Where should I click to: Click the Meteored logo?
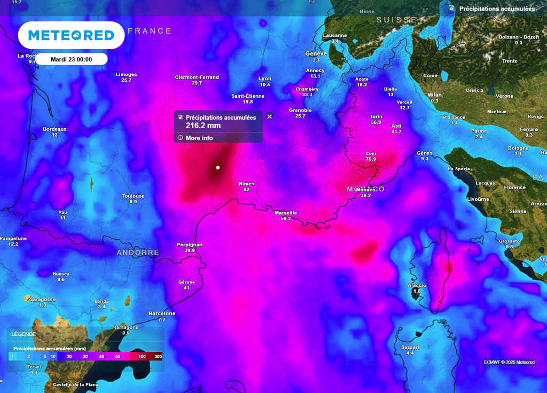pos(71,35)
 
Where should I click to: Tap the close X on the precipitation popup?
pos(269,116)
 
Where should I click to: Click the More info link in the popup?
pos(199,138)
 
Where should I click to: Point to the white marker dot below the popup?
pos(218,168)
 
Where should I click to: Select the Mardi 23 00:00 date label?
pos(71,59)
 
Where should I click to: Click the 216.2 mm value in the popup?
pos(203,126)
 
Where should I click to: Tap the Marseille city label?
pos(286,213)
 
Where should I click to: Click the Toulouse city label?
pos(133,196)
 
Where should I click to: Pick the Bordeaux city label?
pos(54,129)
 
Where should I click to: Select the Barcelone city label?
pos(162,313)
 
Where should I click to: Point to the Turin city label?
pos(376,116)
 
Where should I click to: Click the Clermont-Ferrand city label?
pos(197,77)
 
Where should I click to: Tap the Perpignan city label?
pos(190,245)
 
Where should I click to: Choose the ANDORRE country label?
pos(138,253)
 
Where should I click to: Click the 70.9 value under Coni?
pos(371,159)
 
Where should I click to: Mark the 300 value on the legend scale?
pos(158,356)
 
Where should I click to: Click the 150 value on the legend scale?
pos(142,356)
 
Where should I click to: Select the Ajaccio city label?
pos(417,285)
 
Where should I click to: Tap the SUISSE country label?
pos(396,20)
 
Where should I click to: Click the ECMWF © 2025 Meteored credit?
pos(509,363)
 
